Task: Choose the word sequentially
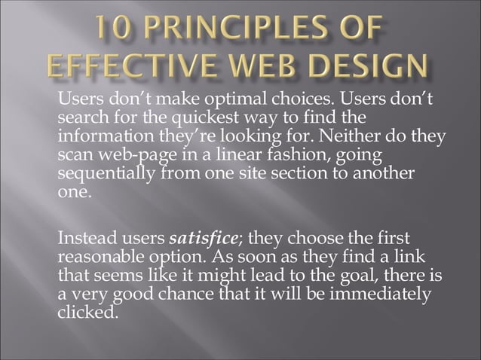click(x=105, y=173)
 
